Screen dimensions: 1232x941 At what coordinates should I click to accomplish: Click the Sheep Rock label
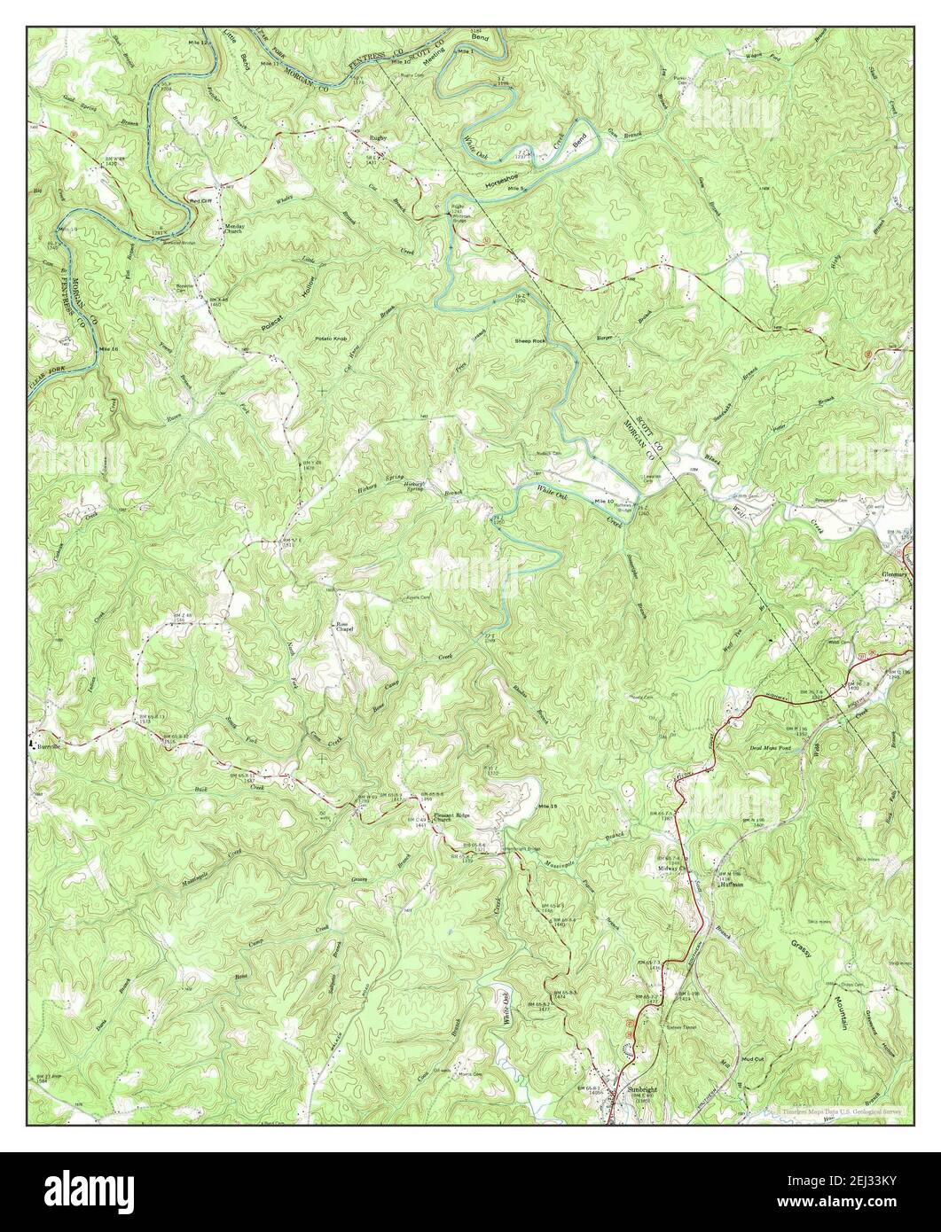click(530, 340)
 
